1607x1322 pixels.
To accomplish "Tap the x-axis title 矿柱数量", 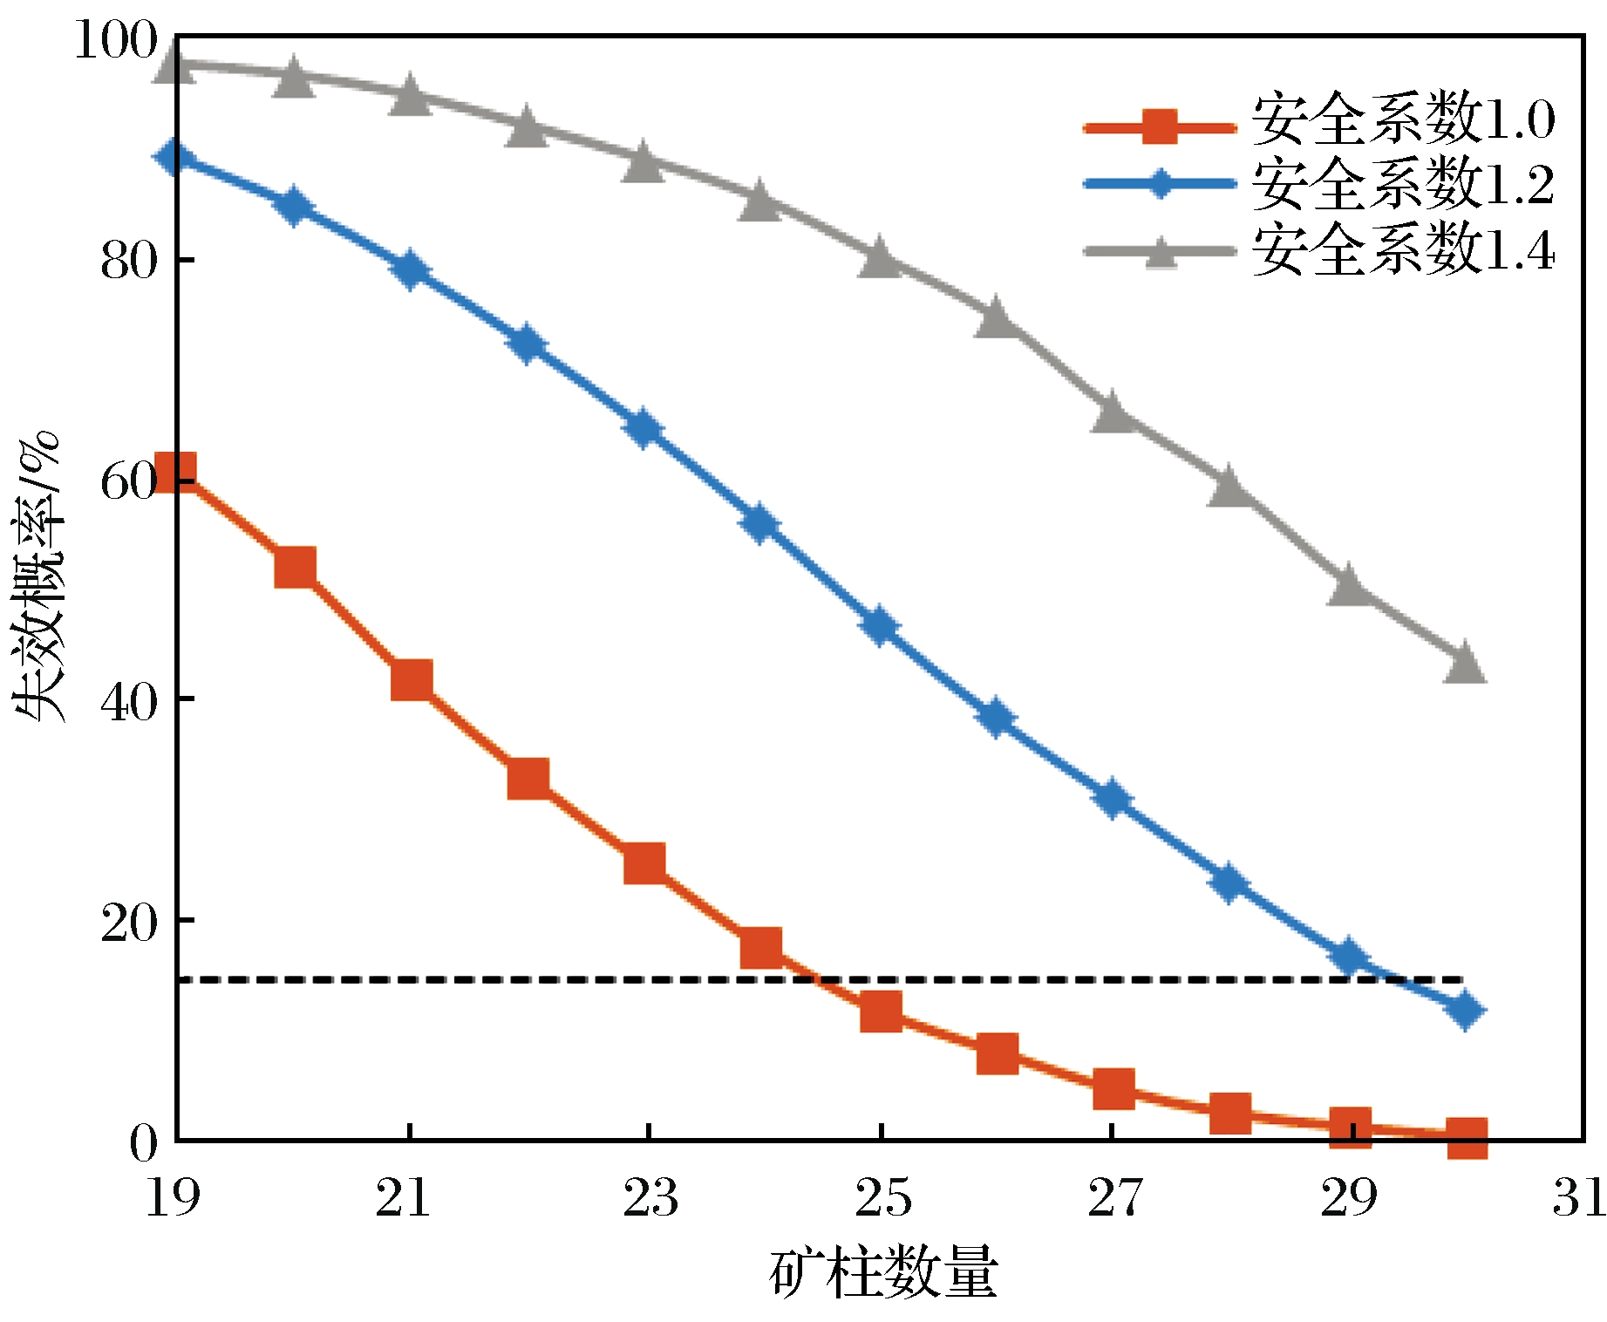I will coord(882,1273).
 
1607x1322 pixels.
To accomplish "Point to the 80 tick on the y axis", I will coord(129,261).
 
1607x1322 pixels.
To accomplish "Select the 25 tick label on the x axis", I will coord(882,1196).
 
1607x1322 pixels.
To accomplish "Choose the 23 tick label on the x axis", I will coord(650,1196).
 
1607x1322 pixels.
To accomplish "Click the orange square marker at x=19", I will coord(174,472).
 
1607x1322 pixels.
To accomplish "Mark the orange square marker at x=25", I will coord(881,1012).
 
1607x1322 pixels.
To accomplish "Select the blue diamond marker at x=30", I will coord(1465,1010).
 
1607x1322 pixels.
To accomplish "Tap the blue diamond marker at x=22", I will coord(527,344).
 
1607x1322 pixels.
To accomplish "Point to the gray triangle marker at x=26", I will coord(997,319).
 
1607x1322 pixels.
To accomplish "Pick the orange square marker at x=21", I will coord(412,680).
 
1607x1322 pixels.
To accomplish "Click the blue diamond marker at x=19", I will coord(174,157).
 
